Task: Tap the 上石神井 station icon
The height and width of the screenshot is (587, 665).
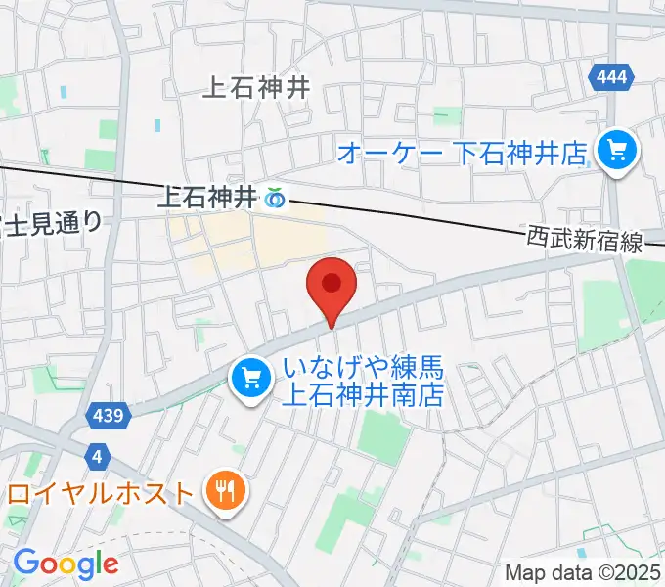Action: tap(276, 199)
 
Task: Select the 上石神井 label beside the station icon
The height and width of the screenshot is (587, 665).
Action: tap(207, 199)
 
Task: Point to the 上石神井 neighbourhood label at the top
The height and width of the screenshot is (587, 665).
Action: tap(255, 87)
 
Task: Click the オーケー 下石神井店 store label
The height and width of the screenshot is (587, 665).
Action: tap(462, 153)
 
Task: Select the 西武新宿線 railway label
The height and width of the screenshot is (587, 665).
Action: tap(585, 240)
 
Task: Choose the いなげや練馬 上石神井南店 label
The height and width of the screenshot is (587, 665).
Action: tap(363, 382)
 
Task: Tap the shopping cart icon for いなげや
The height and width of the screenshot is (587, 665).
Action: tap(249, 375)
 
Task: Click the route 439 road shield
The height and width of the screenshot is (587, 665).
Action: tap(110, 416)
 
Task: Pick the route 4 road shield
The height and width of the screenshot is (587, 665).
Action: tap(96, 456)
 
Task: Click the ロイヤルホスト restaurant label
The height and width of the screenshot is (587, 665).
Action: tap(101, 491)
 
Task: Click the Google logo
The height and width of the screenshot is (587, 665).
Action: tap(66, 564)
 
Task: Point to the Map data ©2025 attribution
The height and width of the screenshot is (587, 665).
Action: tap(582, 573)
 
